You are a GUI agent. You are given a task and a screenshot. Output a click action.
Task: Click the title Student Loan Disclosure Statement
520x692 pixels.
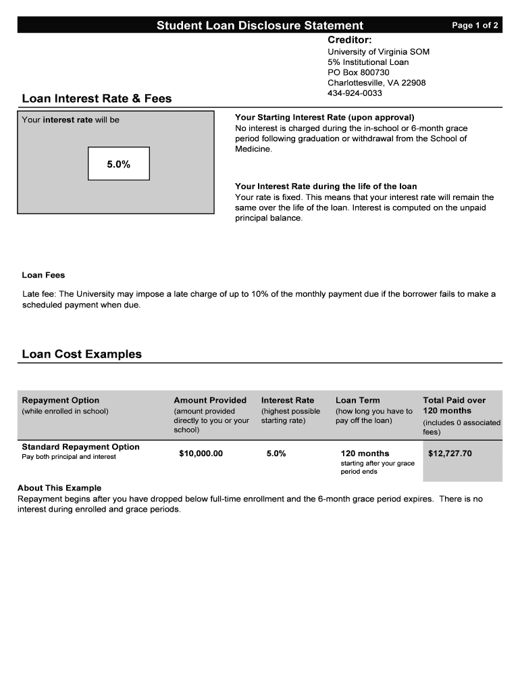tap(260, 26)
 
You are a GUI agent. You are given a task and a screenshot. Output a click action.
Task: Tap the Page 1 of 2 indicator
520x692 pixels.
tap(475, 26)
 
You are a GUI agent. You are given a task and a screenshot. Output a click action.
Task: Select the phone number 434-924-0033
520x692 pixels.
tap(355, 93)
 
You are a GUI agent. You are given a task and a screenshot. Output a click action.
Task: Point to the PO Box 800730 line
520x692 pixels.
tap(359, 72)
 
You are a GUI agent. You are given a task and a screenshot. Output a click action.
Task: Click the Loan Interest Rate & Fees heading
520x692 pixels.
tap(97, 99)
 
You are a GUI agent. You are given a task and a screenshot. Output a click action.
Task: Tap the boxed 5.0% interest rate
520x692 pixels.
tap(118, 164)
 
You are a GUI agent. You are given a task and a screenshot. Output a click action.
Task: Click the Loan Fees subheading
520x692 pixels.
tap(43, 275)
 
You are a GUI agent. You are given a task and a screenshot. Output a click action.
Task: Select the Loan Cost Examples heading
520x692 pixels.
tap(82, 354)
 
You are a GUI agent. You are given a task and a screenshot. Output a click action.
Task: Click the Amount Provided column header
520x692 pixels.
tap(210, 400)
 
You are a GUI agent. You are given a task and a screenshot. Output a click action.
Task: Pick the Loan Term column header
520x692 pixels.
tap(357, 400)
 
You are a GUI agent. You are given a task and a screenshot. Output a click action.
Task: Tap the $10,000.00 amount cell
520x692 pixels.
tap(201, 453)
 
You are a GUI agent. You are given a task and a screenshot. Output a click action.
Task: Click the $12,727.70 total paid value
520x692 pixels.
tap(450, 453)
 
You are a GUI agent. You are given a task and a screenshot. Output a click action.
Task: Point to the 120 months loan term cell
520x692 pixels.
tap(365, 453)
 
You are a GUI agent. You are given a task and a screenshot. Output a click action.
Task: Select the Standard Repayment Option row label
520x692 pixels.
tap(80, 447)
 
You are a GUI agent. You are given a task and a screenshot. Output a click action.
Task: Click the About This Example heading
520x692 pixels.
tap(59, 488)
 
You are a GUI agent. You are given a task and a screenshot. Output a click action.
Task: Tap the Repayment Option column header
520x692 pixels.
tap(60, 400)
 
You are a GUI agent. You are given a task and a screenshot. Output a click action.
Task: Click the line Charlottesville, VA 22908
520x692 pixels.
tap(376, 82)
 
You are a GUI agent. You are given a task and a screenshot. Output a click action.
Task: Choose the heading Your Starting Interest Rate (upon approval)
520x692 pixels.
tap(324, 117)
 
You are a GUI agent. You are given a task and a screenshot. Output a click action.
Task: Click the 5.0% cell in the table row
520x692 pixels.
tap(276, 453)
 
